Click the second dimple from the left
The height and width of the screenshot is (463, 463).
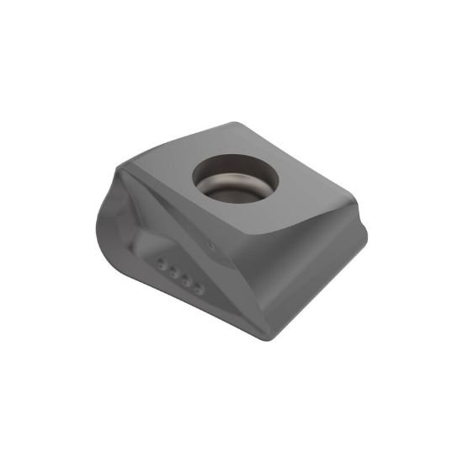(x=173, y=270)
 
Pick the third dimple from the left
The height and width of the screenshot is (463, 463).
(x=186, y=279)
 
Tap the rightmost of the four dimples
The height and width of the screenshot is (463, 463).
(x=199, y=288)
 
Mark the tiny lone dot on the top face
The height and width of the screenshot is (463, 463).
(x=210, y=243)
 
